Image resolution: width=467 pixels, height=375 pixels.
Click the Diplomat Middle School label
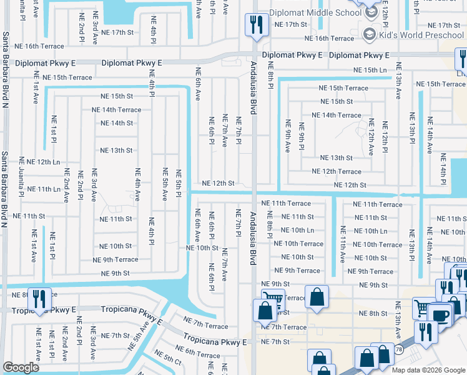[315, 13]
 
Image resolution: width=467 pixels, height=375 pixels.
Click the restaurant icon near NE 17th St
[256, 25]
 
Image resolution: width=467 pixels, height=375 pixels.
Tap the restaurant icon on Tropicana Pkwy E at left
[39, 299]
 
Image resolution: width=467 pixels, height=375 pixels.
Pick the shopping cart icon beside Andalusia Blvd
[272, 301]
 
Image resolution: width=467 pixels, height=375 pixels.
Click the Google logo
[21, 367]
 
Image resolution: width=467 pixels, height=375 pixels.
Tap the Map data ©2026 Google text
[428, 369]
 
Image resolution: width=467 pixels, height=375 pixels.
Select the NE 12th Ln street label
[40, 162]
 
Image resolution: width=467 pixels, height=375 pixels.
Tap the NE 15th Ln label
[370, 70]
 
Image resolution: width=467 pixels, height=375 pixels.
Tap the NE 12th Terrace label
[340, 171]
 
